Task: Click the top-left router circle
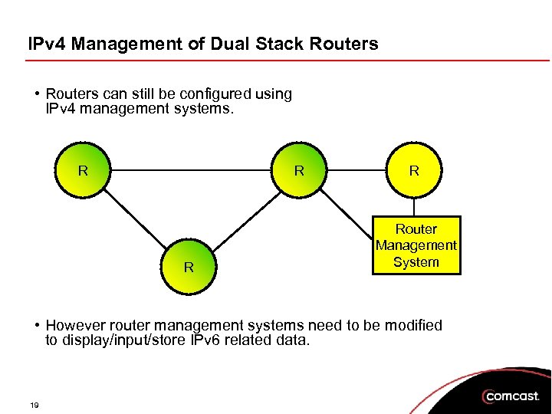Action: (83, 170)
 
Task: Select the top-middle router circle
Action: (299, 170)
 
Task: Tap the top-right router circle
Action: (414, 170)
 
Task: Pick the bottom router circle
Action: (189, 267)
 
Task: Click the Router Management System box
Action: (416, 245)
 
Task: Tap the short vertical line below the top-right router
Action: (414, 208)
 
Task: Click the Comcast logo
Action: (511, 396)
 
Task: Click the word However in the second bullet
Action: (77, 325)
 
